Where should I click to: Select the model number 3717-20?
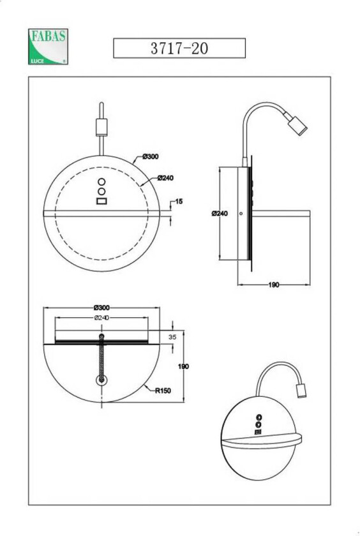pos(179,48)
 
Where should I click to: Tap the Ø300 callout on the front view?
pos(150,157)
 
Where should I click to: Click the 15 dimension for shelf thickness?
pos(179,202)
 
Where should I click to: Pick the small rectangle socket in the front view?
pos(101,202)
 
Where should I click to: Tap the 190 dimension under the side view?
pos(273,285)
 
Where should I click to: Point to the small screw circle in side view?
pos(240,214)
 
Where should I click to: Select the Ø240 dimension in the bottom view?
pos(101,317)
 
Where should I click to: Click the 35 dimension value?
pos(172,336)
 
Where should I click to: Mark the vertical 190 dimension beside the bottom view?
pos(183,367)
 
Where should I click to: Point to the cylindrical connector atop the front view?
pos(101,126)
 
